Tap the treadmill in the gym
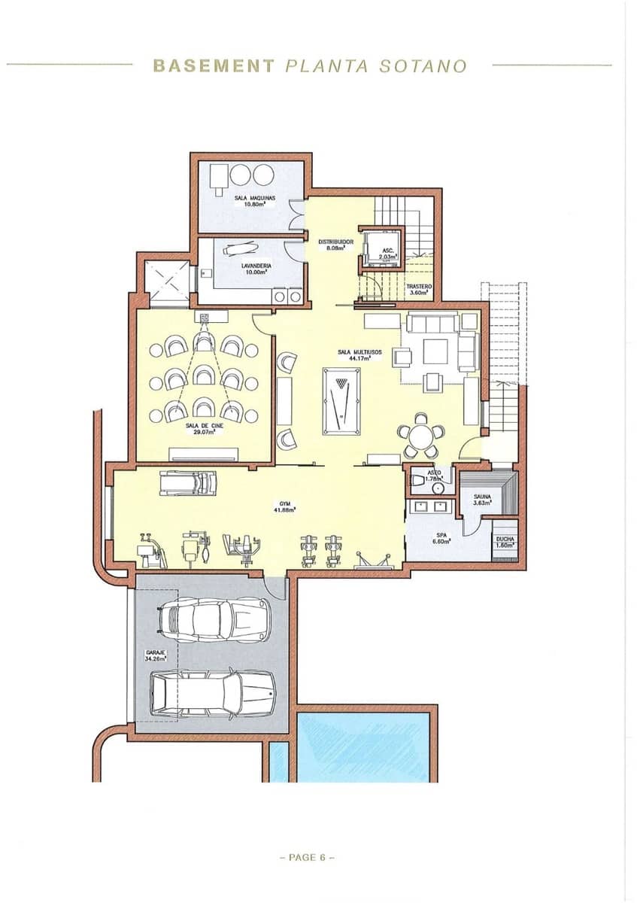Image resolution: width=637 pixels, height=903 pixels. (x=188, y=482)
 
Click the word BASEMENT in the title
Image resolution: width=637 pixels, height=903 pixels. (x=214, y=65)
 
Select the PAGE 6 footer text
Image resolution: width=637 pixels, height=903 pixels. (x=307, y=857)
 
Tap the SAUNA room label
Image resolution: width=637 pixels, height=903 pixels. (x=482, y=500)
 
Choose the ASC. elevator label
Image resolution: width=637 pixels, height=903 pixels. (x=387, y=254)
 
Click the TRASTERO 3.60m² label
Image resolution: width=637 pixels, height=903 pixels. (x=418, y=290)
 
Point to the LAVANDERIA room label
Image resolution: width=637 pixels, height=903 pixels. (x=256, y=269)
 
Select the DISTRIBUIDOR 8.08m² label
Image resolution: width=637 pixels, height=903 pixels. (x=335, y=245)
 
